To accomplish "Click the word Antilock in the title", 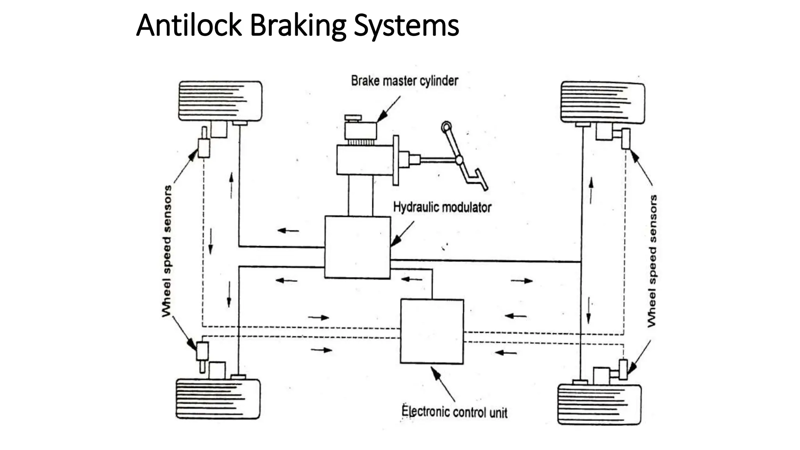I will [189, 25].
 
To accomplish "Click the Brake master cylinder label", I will [404, 81].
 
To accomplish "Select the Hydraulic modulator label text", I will [442, 207].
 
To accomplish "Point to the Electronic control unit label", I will [454, 412].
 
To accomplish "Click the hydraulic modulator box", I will [357, 247].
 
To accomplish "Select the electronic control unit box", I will [432, 331].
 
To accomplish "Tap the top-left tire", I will [220, 101].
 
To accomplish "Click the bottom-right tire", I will [599, 404].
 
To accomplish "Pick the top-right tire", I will [603, 102].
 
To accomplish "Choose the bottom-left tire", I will [218, 399].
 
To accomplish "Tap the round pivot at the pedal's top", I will [446, 127].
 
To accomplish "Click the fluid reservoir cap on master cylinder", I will [353, 118].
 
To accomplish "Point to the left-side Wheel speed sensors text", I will [167, 251].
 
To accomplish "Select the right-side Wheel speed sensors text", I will [652, 261].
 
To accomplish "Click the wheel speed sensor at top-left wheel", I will [204, 147].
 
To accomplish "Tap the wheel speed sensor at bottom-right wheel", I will [623, 369].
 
